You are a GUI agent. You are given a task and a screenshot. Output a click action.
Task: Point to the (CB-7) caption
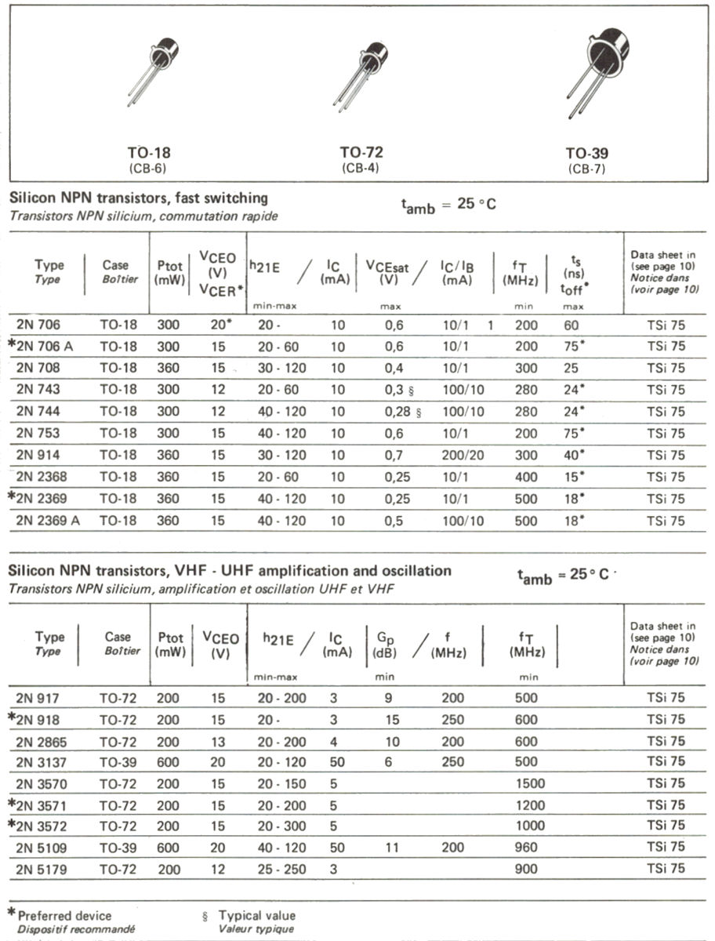click(586, 169)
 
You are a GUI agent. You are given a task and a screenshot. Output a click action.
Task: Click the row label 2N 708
click(38, 368)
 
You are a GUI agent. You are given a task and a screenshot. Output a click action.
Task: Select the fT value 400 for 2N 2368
click(526, 477)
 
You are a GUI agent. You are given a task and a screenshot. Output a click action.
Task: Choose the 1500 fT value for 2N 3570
click(526, 783)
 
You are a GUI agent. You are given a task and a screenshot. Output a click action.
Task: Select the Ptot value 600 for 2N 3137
click(168, 761)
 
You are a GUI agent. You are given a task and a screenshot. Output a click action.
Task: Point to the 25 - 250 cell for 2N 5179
click(281, 869)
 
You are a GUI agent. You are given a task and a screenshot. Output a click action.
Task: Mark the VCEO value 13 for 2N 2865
click(218, 741)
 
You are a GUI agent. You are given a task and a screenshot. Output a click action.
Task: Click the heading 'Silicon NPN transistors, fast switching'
click(138, 198)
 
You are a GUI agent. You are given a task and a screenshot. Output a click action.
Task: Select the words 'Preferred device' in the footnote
click(65, 915)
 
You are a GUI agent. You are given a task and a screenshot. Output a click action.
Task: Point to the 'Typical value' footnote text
click(256, 915)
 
